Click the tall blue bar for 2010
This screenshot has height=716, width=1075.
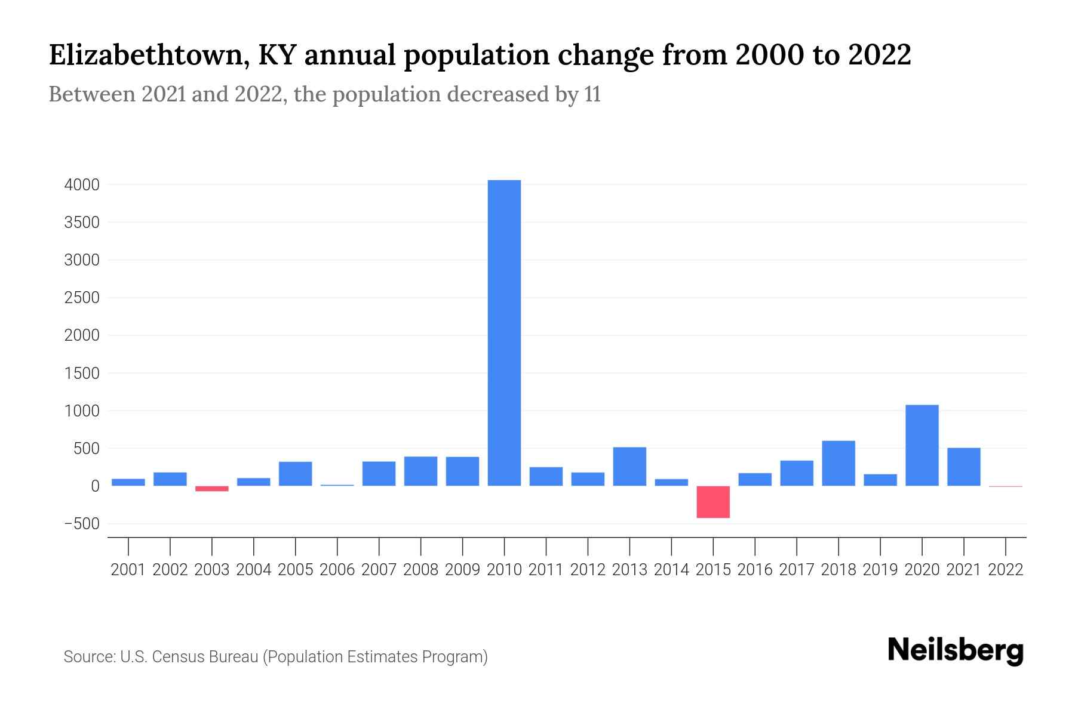[x=504, y=333]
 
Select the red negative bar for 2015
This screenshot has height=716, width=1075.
[x=713, y=502]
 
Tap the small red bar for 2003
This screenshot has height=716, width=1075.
[x=212, y=489]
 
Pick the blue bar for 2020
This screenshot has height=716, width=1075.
[x=922, y=445]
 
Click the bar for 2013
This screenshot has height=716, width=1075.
[x=629, y=466]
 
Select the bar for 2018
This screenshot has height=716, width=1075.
[x=838, y=463]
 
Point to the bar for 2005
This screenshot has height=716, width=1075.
[x=296, y=474]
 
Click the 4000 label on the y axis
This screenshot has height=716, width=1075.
[x=82, y=185]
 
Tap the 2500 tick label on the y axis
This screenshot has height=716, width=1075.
[x=82, y=298]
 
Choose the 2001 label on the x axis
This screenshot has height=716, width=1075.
[x=128, y=570]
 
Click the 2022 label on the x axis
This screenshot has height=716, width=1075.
[x=1006, y=570]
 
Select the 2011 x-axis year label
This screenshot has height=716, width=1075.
[x=546, y=570]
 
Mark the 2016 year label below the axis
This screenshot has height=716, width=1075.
[x=755, y=570]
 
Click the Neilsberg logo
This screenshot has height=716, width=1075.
[x=956, y=650]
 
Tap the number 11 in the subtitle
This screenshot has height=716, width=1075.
[x=592, y=94]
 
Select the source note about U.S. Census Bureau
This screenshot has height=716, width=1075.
[x=276, y=657]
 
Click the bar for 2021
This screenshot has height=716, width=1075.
[x=963, y=467]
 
